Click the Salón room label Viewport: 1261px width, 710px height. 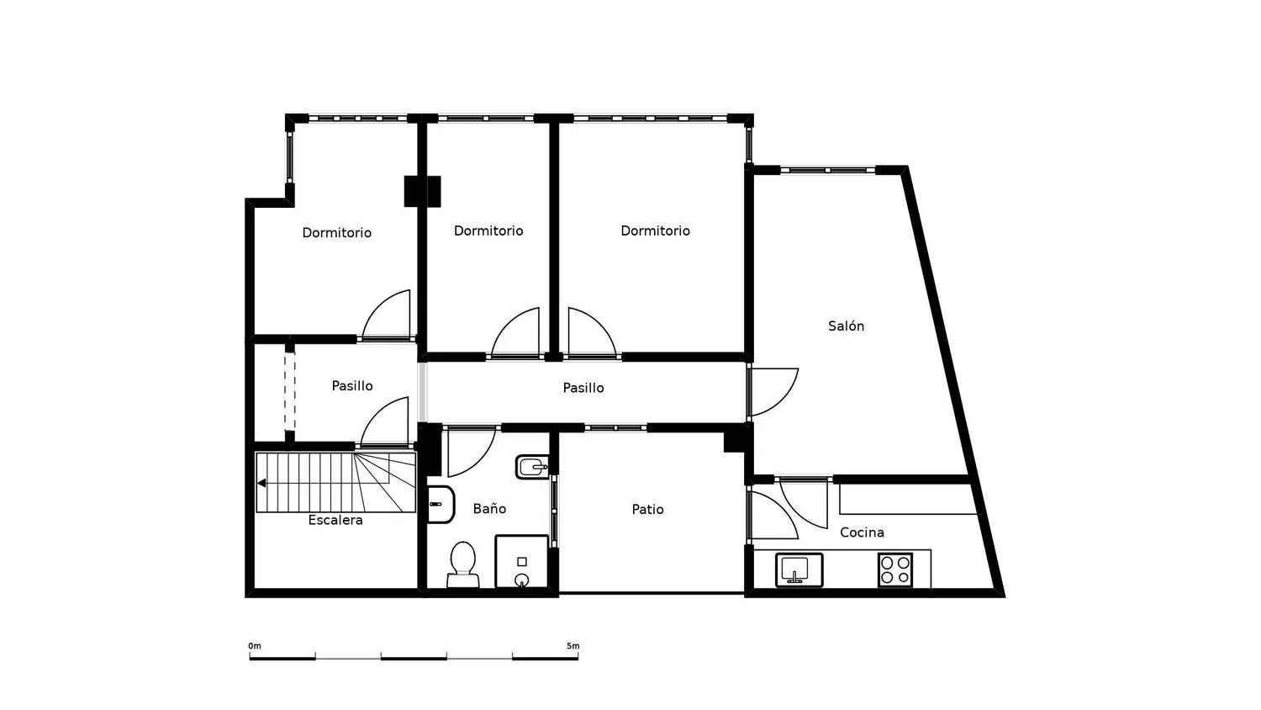coord(846,326)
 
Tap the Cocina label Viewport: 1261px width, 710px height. coord(862,532)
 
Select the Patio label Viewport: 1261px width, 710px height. coord(647,510)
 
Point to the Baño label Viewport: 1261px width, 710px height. coord(489,508)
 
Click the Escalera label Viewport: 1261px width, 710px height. coord(335,520)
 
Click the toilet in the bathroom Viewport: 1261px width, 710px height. coord(462,564)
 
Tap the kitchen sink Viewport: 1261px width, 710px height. coord(799,570)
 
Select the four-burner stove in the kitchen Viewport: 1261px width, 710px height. coord(895,570)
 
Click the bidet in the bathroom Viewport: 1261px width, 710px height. coord(532,467)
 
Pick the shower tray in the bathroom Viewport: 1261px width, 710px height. coord(522,561)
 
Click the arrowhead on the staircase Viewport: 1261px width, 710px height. coord(261,483)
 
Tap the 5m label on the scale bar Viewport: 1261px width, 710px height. coord(573,646)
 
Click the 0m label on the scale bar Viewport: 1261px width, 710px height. coord(255,646)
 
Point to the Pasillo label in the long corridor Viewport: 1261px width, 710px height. coord(583,388)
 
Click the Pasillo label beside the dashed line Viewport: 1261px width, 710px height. coord(352,386)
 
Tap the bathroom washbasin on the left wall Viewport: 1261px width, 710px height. coord(441,505)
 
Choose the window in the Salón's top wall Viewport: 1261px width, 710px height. coord(827,170)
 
